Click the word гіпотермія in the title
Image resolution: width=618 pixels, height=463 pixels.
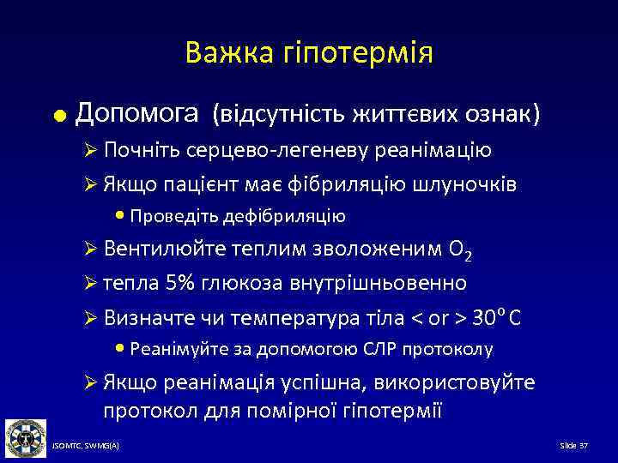(356, 53)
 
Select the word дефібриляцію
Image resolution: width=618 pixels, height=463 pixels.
(297, 215)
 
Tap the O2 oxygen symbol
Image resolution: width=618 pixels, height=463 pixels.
(461, 250)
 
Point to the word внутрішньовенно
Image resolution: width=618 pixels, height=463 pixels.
(383, 283)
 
